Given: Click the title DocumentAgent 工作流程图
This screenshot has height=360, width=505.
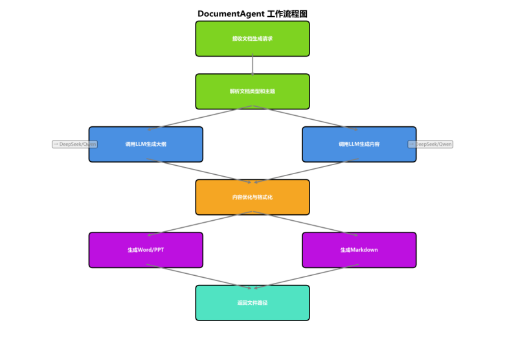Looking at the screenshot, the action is point(252,14).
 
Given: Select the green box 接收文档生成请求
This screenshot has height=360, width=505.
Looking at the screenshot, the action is point(252,39).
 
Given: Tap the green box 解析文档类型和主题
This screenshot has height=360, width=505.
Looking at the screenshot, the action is point(252,91).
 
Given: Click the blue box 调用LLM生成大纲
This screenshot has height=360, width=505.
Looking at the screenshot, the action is point(146,144).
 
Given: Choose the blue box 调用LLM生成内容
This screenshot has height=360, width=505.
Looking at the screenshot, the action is point(359,144).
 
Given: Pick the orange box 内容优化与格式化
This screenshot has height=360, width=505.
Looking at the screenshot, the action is point(252,197).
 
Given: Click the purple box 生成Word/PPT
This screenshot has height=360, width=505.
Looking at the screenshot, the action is point(146,250).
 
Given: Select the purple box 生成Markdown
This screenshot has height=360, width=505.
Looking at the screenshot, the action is point(359,250).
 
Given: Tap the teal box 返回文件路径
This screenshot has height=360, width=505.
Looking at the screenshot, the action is point(252,302).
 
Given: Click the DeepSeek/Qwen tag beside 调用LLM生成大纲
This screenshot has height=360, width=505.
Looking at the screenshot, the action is point(74,144).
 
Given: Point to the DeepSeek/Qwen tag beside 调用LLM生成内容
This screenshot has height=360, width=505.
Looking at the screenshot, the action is point(431,144).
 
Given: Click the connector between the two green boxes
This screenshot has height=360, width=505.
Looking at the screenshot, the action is point(252,65).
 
